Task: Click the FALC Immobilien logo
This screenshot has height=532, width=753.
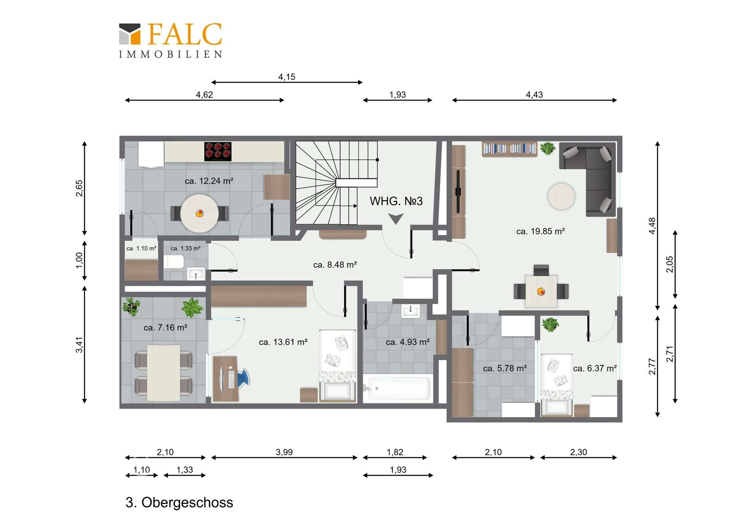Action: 171,40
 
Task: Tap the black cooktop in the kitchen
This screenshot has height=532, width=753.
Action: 218,151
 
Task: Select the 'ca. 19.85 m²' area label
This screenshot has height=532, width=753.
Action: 540,231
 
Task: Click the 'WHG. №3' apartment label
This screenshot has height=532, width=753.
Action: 396,201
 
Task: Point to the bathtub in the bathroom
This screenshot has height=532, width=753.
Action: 398,389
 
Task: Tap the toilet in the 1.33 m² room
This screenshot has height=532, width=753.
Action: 174,261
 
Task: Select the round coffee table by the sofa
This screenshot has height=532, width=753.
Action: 561,196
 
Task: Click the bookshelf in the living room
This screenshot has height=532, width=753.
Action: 509,149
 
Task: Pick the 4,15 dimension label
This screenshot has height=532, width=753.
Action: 287,77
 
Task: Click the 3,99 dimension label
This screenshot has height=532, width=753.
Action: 284,452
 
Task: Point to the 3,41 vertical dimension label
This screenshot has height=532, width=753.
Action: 79,345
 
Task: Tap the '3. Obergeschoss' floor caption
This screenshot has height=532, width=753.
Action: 179,502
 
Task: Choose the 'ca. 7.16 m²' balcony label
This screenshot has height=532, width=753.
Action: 166,327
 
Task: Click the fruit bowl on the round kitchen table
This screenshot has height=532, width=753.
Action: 200,214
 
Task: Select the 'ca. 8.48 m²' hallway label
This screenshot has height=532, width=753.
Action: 335,265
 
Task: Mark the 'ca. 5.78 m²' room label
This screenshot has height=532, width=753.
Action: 505,368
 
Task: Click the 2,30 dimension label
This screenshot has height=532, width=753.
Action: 578,452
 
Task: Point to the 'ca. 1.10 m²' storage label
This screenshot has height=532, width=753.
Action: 141,248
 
